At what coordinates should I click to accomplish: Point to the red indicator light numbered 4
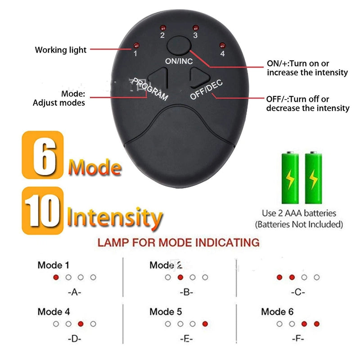point(222,45)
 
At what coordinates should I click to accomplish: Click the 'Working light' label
point(61,50)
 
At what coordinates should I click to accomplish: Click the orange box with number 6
point(43,155)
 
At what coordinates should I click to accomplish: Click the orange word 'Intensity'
point(114,217)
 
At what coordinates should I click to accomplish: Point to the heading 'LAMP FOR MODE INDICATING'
point(178,243)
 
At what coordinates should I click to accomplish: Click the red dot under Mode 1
point(56,278)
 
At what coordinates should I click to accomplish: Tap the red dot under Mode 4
point(81,324)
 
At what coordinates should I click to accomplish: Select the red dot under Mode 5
point(205,324)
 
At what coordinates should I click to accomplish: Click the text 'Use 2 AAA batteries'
point(299,213)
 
